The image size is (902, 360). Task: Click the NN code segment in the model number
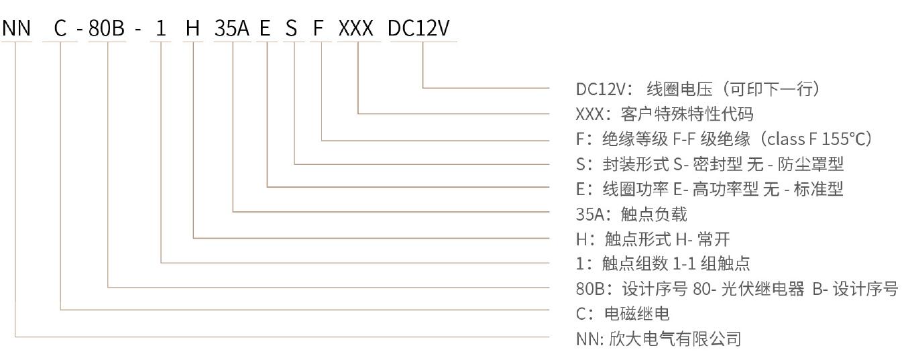point(17,28)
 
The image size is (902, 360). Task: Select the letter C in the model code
point(60,28)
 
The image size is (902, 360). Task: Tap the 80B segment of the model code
point(107,28)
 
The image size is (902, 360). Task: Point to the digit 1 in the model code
point(160,28)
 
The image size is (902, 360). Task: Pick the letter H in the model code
point(193,28)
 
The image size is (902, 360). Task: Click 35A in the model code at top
point(232,28)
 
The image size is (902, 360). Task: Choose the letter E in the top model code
point(266,28)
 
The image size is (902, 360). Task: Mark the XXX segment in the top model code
point(358,28)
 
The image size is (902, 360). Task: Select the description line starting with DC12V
point(698,88)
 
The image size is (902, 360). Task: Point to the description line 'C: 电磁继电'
point(622,314)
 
